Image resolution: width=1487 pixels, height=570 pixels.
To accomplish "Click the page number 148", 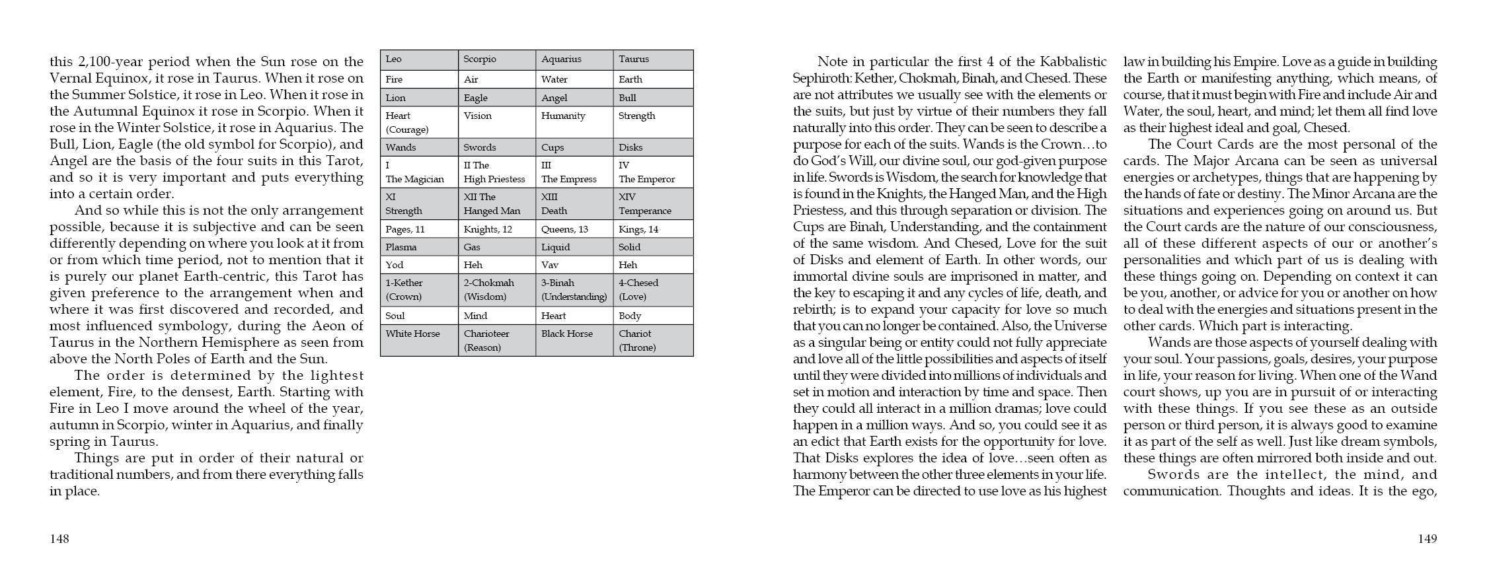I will pos(59,539).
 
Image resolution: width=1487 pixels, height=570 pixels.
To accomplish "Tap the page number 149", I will pos(1427,539).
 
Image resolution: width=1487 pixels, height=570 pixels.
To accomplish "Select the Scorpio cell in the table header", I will pos(496,59).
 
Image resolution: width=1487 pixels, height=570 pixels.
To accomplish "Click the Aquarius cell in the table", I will pos(574,59).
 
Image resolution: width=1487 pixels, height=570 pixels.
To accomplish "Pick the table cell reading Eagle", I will pos(496,98).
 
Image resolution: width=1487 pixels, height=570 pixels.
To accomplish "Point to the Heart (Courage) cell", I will pos(419,122).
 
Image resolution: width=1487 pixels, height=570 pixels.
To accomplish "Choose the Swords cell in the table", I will pos(496,147).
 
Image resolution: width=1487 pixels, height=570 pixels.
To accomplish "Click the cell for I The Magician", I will pos(419,172).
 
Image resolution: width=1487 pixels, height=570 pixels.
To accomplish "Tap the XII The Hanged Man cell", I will pos(496,203).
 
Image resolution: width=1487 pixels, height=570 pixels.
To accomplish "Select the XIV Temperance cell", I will pos(652,203).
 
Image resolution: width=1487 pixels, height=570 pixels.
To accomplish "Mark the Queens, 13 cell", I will pos(574,229).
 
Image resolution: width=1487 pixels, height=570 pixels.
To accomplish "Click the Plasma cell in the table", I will pos(419,247).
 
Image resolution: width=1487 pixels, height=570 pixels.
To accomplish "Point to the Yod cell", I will pos(419,265).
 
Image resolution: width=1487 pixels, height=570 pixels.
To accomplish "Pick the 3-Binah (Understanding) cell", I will pos(574,289).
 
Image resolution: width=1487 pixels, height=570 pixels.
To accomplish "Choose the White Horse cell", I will pos(419,340).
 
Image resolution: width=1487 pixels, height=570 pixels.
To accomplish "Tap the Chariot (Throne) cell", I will pos(652,340).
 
